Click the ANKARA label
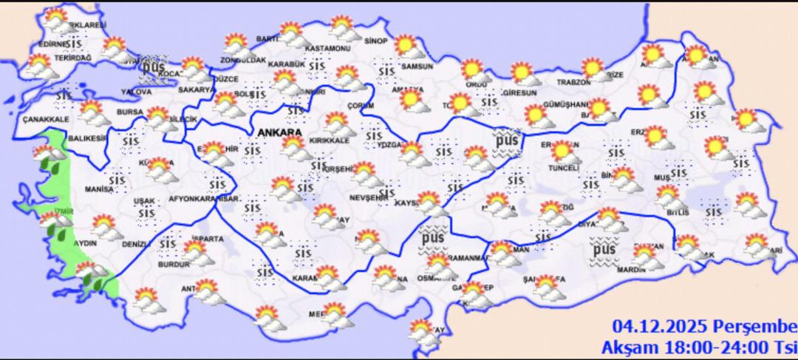280,132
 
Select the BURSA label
129,112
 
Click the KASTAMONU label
329,49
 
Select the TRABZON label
573,81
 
